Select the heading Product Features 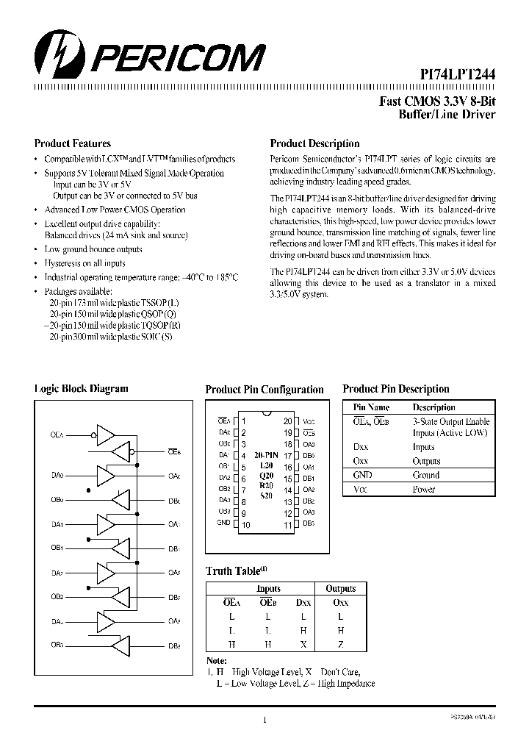[73, 143]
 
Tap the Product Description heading [314, 143]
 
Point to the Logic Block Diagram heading [81, 389]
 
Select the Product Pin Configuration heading [264, 390]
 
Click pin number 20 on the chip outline [287, 421]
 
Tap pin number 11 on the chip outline [287, 525]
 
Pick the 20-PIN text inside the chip [267, 456]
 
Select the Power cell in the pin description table [424, 489]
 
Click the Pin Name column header [371, 407]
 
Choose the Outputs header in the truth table [340, 589]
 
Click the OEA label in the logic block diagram [57, 435]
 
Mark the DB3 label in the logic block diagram [174, 645]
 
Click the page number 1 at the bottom [264, 720]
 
